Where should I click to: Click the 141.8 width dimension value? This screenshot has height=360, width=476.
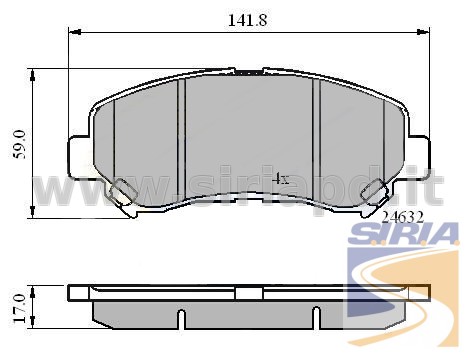(247, 20)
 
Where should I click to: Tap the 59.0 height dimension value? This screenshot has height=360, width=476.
(20, 144)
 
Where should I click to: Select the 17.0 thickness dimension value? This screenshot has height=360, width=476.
(20, 308)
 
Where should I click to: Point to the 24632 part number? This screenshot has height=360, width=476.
(403, 218)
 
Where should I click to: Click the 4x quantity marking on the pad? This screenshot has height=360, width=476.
(280, 179)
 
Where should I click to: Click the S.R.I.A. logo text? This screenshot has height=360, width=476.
(403, 233)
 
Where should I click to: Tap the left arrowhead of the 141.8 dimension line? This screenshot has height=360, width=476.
(75, 32)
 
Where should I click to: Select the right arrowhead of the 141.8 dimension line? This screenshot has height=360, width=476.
(423, 32)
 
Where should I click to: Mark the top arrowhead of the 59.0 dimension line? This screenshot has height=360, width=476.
(32, 75)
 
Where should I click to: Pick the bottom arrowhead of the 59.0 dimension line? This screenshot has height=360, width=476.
(32, 212)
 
